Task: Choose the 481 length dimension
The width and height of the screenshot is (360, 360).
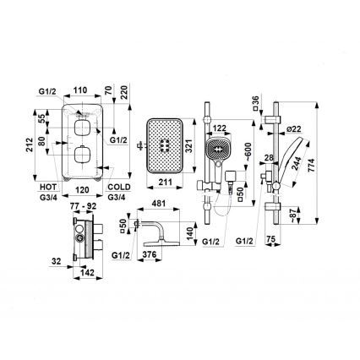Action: click(158, 204)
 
